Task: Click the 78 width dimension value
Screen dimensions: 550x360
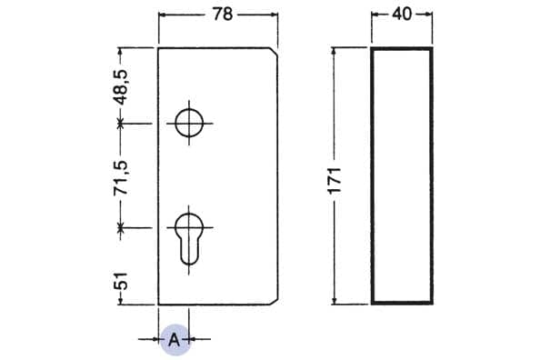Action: click(223, 15)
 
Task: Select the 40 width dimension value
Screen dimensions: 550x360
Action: click(402, 14)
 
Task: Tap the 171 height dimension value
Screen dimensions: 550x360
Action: click(335, 180)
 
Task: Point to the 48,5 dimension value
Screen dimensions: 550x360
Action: click(123, 87)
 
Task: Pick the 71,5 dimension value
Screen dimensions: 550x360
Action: click(122, 178)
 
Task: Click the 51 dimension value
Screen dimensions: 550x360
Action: click(121, 281)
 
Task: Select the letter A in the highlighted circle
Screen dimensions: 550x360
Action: click(175, 340)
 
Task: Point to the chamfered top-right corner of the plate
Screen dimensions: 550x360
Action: click(274, 51)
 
